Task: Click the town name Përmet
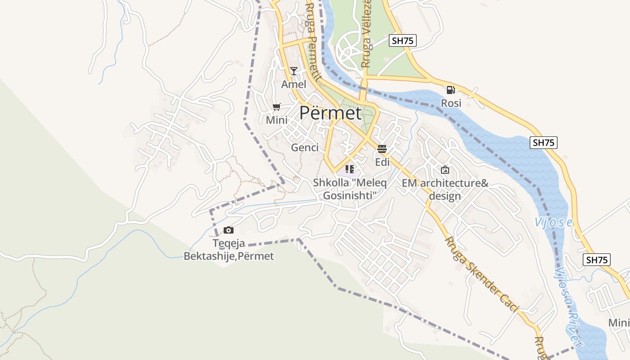pos(330,113)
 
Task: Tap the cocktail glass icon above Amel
pos(294,71)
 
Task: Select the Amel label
pos(294,84)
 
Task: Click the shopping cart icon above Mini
pos(277,107)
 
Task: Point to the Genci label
pos(305,148)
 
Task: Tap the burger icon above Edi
pos(382,149)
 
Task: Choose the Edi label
pos(382,162)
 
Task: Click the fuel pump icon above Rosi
pos(450,90)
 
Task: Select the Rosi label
pos(451,103)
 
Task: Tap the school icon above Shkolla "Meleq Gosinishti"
pos(350,170)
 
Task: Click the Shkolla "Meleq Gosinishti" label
pos(349,189)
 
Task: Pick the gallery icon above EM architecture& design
pos(445,170)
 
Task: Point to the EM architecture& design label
pos(445,189)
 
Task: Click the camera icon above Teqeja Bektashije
pos(229,230)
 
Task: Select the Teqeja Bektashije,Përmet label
pos(229,250)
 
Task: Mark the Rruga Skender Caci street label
pos(481,274)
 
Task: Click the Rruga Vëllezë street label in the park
pos(367,34)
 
